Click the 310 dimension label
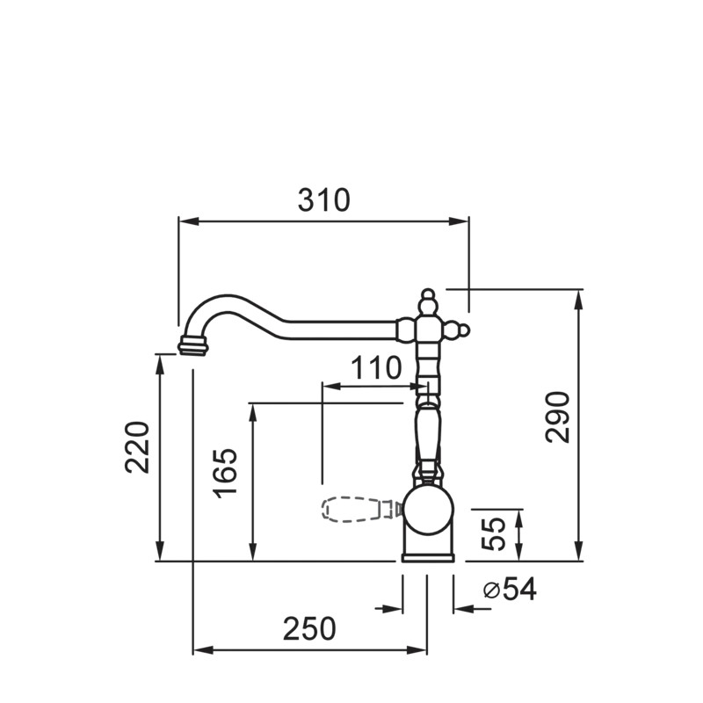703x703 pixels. (x=323, y=200)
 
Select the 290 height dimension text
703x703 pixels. (x=558, y=417)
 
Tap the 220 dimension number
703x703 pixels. (x=137, y=447)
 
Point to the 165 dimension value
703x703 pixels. (x=225, y=473)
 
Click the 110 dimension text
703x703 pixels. (x=376, y=368)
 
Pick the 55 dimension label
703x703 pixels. (x=493, y=533)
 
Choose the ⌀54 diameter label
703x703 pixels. (x=510, y=589)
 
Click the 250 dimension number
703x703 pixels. (x=309, y=628)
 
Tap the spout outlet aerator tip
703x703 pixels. (x=193, y=345)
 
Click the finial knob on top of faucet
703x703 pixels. (x=428, y=301)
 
